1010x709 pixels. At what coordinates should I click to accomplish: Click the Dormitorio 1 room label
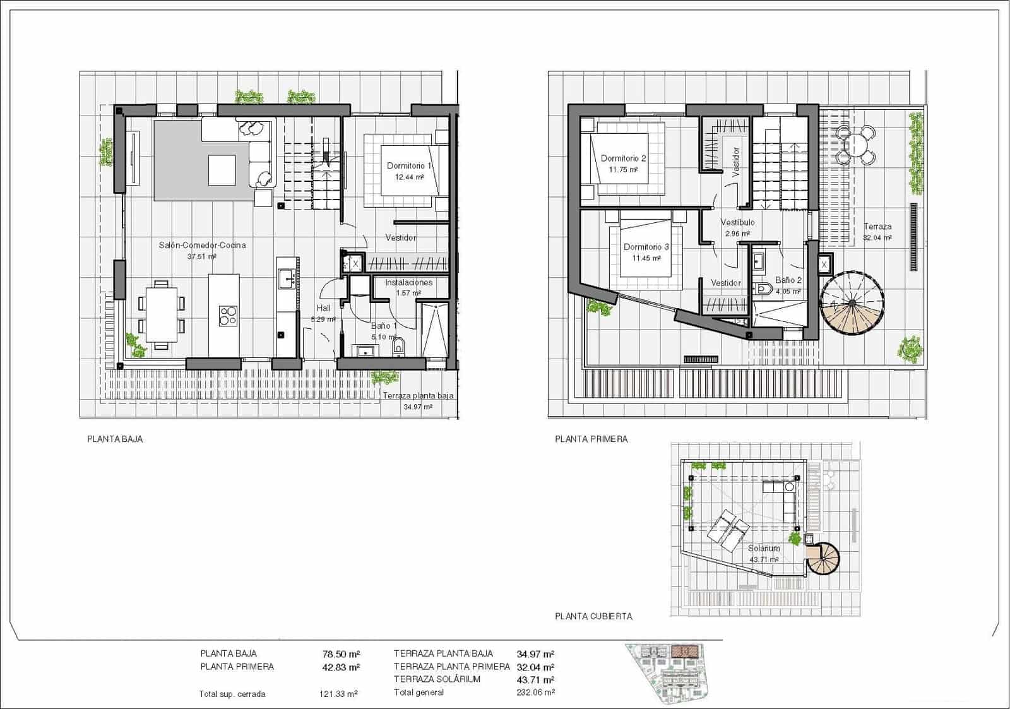(409, 166)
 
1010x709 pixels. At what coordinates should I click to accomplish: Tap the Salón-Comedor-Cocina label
(202, 245)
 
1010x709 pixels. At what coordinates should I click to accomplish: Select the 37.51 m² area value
(202, 257)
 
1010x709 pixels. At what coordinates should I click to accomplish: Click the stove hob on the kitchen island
(228, 316)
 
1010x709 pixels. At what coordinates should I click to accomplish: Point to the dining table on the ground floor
(161, 314)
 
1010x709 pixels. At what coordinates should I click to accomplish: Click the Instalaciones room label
(408, 282)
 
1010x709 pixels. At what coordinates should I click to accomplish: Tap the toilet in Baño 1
(398, 347)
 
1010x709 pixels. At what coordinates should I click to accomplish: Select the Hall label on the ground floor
(323, 308)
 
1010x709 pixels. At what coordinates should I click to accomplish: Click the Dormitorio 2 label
(623, 158)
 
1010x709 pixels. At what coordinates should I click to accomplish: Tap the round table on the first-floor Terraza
(855, 145)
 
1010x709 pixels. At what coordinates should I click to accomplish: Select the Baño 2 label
(788, 280)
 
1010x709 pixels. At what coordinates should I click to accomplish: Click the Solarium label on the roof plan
(764, 548)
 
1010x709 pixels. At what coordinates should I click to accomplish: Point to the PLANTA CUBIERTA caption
(593, 616)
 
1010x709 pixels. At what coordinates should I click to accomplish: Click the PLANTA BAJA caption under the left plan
(115, 439)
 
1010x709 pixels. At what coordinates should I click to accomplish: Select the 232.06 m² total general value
(535, 693)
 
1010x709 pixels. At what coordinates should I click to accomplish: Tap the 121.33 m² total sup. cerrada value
(338, 694)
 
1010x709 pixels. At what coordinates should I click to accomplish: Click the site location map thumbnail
(669, 673)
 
